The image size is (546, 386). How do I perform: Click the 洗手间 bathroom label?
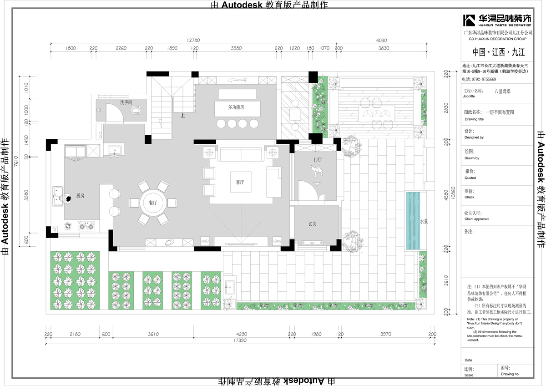click(x=126, y=102)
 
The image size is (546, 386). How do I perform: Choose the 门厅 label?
click(x=317, y=159)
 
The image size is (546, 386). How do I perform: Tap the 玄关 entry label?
click(x=313, y=223)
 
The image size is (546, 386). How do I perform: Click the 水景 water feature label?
click(x=424, y=221)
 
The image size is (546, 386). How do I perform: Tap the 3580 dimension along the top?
click(x=236, y=48)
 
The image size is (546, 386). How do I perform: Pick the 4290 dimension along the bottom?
click(x=242, y=334)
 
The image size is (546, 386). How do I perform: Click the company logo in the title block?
click(x=497, y=20)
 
